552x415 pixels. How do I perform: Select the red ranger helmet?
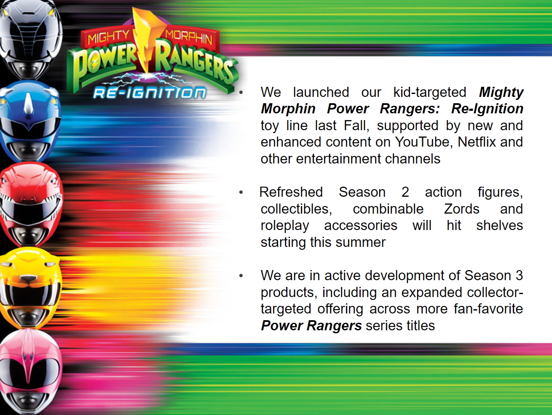[x=31, y=204]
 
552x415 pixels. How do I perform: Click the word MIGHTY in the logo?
[x=108, y=37]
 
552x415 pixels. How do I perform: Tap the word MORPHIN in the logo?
[x=189, y=37]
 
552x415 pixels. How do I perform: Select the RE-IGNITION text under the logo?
[x=150, y=93]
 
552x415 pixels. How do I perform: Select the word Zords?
[x=461, y=209]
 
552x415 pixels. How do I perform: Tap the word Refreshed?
[x=291, y=192]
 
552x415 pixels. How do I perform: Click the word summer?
[x=360, y=243]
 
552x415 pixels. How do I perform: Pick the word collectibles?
[x=296, y=209]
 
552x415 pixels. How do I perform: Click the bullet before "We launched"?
[x=241, y=93]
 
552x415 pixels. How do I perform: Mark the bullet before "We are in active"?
[x=241, y=276]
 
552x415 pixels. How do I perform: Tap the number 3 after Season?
[x=519, y=276]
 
